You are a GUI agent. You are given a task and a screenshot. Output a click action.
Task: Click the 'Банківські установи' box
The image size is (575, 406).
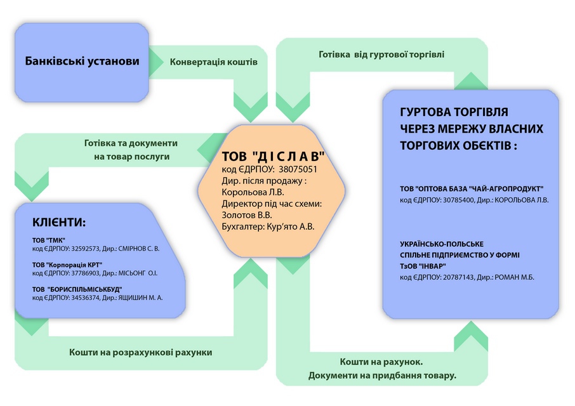(x=82, y=62)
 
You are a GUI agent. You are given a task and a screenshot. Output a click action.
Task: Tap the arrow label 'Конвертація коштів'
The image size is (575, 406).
(x=213, y=63)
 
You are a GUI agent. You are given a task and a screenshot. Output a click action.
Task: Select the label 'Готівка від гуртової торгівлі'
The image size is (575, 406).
(x=381, y=55)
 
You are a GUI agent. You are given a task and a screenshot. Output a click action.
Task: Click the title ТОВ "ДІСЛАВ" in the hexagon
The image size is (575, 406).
(x=273, y=156)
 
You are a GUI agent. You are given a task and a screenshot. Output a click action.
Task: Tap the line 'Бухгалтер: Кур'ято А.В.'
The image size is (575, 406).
(x=268, y=226)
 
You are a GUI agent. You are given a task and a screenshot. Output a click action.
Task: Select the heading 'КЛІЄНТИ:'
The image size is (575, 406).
(x=58, y=223)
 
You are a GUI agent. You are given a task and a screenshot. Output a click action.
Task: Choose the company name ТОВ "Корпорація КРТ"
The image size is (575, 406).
(x=67, y=265)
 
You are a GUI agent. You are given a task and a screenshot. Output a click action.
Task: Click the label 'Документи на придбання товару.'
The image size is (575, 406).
(x=382, y=376)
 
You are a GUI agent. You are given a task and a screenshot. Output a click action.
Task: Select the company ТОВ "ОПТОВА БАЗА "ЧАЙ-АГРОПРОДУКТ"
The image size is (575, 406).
(x=472, y=189)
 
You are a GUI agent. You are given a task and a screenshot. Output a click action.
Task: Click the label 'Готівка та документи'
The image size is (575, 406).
(x=131, y=143)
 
